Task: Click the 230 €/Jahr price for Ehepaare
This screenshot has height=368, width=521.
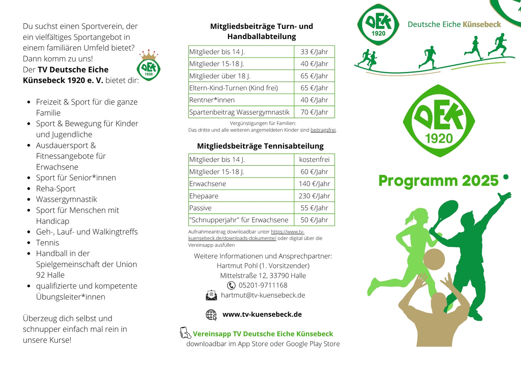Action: click(x=314, y=196)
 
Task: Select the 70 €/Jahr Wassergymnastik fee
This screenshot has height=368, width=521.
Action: click(x=314, y=112)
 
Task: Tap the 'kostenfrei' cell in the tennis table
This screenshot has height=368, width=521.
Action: click(x=314, y=160)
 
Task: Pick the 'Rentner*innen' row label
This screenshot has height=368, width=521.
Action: click(x=212, y=100)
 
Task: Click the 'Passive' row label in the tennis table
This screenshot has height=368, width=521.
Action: click(x=201, y=208)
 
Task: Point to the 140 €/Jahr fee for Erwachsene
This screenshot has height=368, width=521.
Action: click(x=314, y=184)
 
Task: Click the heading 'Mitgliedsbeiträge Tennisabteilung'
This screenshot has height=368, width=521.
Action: click(x=260, y=146)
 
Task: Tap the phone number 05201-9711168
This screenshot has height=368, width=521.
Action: click(x=263, y=285)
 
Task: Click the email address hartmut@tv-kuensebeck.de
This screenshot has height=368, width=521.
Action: click(x=263, y=295)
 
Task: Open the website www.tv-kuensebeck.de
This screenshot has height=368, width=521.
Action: click(x=262, y=314)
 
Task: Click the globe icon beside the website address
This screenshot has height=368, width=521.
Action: click(x=211, y=315)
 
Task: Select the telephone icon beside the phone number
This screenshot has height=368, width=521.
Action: click(x=231, y=285)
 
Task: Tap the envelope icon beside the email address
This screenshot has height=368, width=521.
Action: click(x=212, y=296)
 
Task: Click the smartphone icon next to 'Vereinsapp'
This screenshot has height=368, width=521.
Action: click(x=185, y=333)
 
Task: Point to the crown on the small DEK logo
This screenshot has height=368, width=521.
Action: click(x=149, y=55)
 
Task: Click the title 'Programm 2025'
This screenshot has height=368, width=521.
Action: click(x=438, y=181)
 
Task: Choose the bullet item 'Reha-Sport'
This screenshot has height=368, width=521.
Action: click(x=56, y=189)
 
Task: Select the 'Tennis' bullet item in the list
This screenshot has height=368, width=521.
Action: click(x=48, y=243)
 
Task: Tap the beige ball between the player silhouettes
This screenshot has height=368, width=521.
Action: click(x=434, y=259)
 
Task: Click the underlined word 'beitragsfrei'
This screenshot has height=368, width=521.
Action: click(x=323, y=131)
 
